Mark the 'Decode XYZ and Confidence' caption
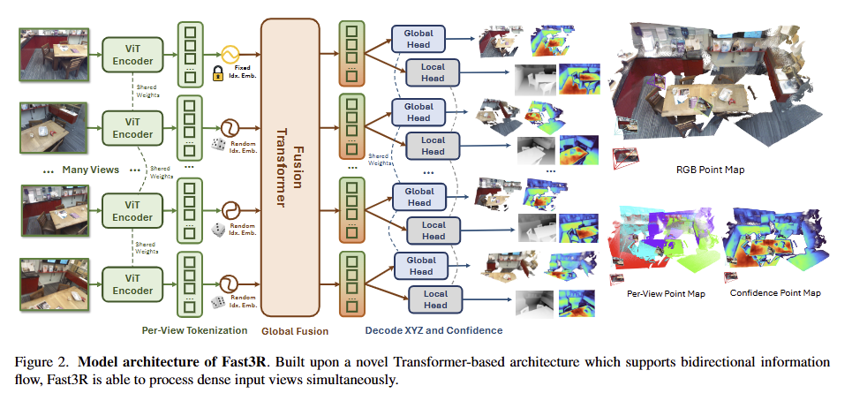point(433,330)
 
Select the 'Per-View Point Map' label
point(659,292)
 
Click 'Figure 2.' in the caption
point(38,362)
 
